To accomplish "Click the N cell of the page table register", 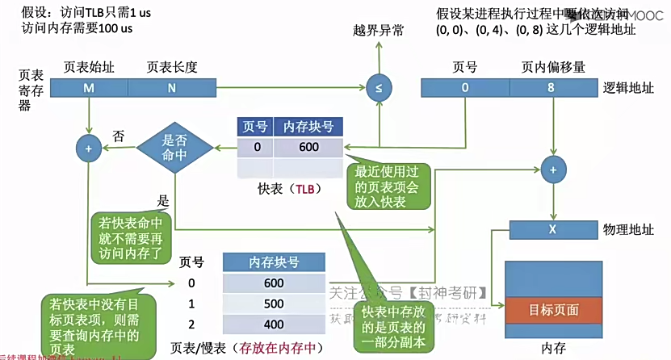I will click(x=171, y=88).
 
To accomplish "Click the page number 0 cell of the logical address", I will click(x=465, y=88).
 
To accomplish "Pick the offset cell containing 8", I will click(x=551, y=88).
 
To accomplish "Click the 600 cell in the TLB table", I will click(x=308, y=147).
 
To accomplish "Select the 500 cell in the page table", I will click(x=273, y=303).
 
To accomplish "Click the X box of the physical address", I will click(x=553, y=229).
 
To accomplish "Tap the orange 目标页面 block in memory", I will click(x=553, y=309).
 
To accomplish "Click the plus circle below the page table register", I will click(x=87, y=148).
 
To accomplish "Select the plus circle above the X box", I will click(x=553, y=170).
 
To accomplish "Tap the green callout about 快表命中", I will click(x=132, y=236).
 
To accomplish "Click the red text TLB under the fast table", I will click(x=304, y=189).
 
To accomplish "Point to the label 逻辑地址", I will click(x=628, y=87).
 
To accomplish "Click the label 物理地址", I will click(x=628, y=229).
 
